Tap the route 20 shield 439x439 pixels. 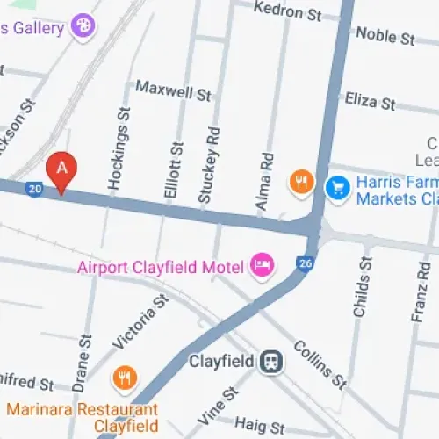point(34,189)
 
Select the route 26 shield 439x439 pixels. point(306,263)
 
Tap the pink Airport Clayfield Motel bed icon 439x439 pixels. point(261,264)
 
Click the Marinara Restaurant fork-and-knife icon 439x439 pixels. point(126,378)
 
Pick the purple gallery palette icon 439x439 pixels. point(83,25)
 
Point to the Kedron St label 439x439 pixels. point(287,11)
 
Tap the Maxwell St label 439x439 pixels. point(173,90)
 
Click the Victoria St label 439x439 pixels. point(140,322)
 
